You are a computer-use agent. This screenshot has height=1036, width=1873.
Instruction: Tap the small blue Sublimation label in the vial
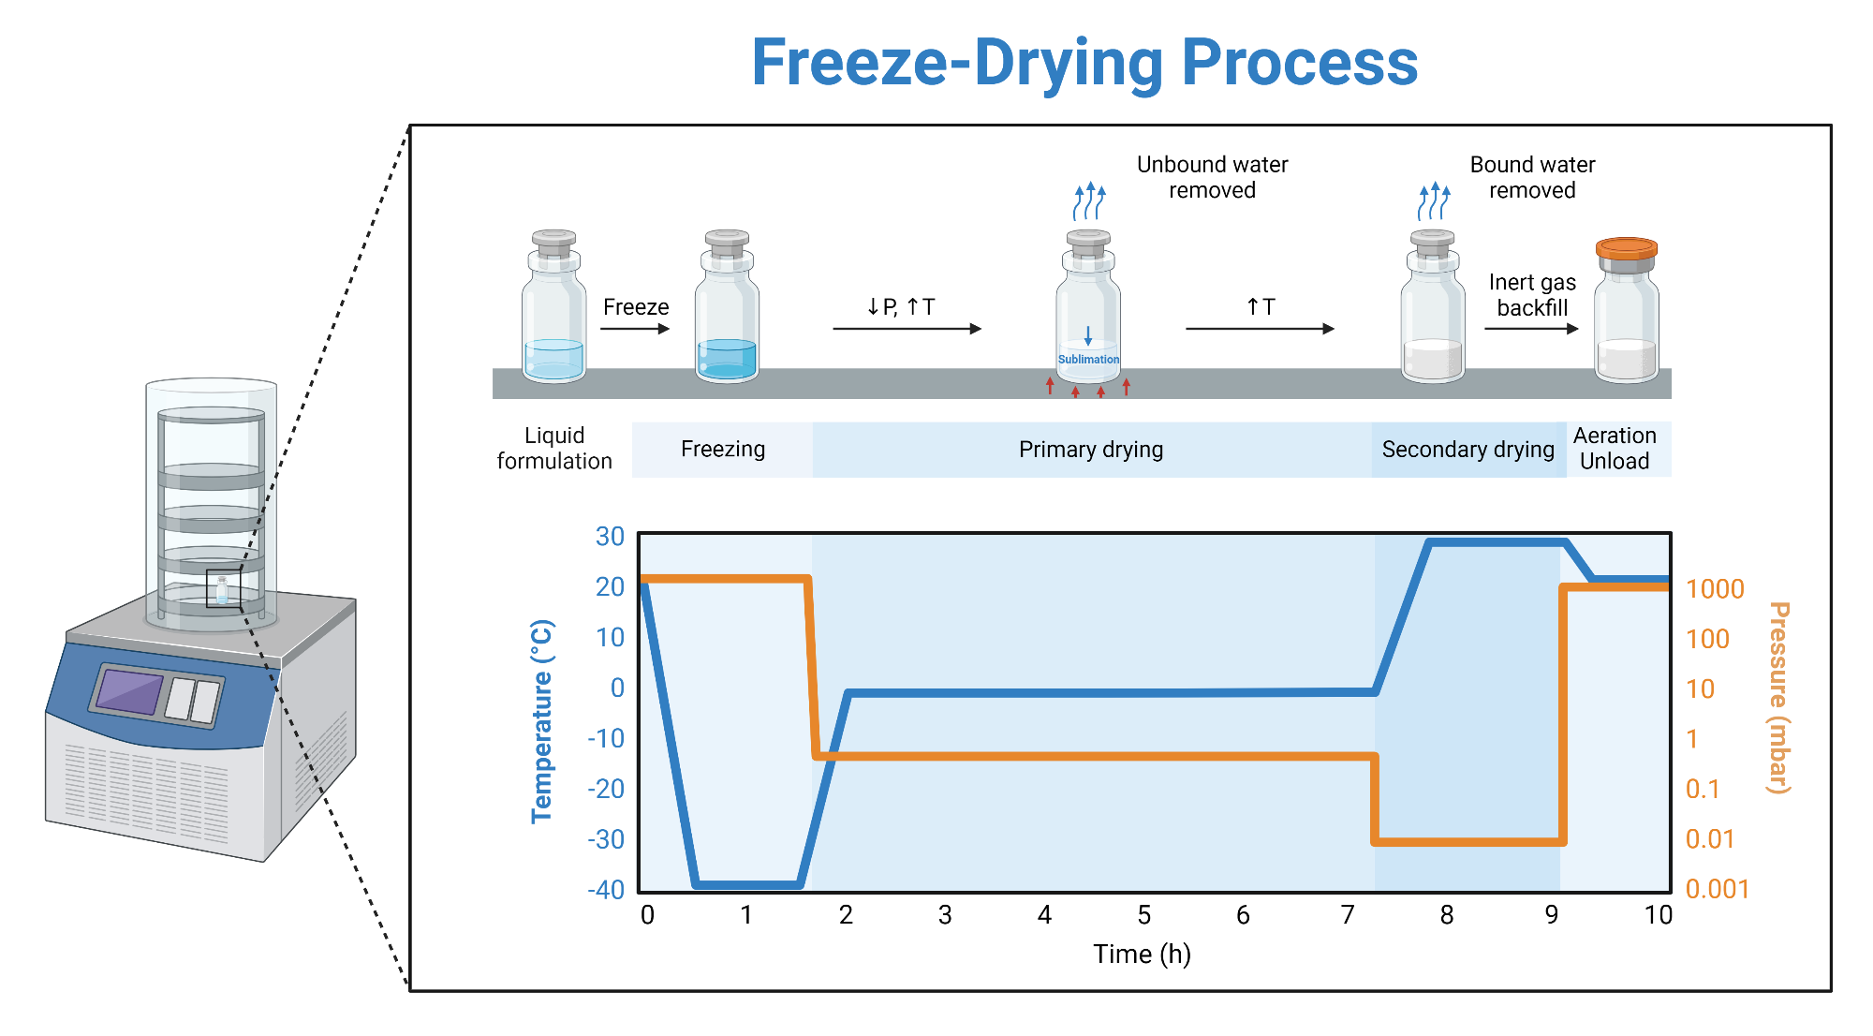(x=1088, y=360)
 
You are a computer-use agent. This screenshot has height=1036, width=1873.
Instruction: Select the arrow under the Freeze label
(x=635, y=329)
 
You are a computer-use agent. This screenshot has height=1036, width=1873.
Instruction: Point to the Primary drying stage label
(x=1091, y=450)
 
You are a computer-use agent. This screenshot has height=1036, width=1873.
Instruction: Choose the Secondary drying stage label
(x=1467, y=450)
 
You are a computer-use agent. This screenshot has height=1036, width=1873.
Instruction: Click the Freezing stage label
(x=723, y=450)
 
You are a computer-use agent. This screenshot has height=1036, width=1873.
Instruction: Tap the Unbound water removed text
(x=1212, y=177)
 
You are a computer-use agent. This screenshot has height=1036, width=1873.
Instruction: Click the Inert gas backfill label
(x=1532, y=295)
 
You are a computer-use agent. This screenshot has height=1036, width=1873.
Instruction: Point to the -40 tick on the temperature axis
(x=606, y=889)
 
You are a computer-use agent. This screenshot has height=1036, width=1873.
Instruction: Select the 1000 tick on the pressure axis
(x=1715, y=589)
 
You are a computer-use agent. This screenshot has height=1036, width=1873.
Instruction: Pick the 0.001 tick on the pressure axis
(x=1717, y=889)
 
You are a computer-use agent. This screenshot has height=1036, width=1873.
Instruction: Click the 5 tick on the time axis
(x=1143, y=915)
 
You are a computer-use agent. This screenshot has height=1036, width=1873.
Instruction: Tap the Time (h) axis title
(x=1142, y=954)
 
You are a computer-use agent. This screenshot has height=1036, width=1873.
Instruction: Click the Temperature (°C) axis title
(x=541, y=721)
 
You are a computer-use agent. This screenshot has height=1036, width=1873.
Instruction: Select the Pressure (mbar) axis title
(x=1778, y=698)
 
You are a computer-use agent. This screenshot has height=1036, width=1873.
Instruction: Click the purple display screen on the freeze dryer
(x=130, y=691)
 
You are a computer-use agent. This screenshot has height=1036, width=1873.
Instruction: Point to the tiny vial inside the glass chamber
(x=222, y=590)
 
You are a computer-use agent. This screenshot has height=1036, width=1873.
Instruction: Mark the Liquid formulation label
(x=554, y=449)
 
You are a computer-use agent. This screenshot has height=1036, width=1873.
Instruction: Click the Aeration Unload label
(x=1615, y=449)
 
